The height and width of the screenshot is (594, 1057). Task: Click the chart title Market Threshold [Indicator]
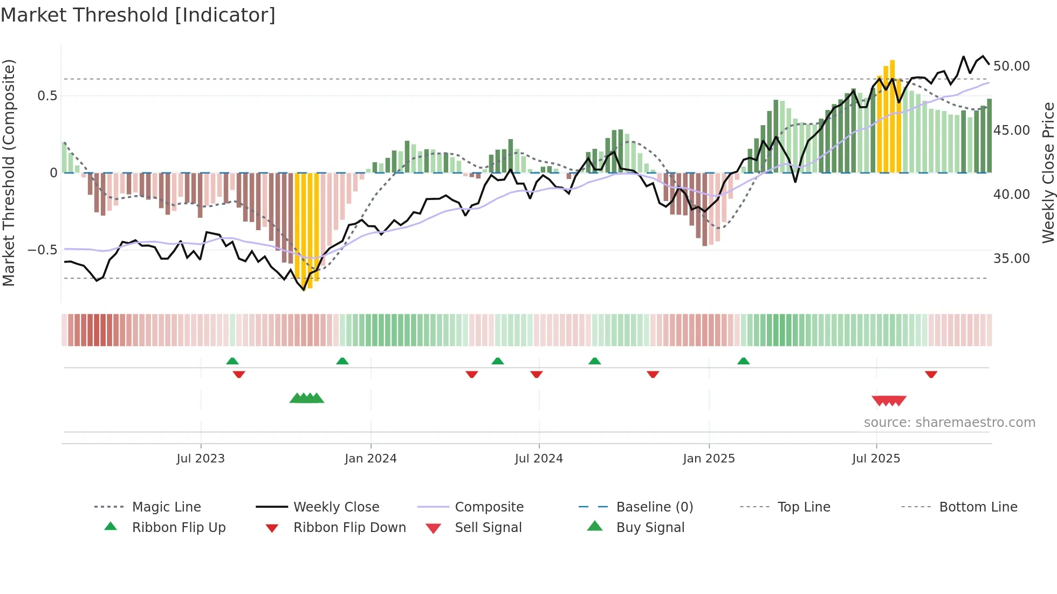[x=138, y=15]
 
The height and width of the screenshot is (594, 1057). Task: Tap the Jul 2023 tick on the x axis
[x=201, y=458]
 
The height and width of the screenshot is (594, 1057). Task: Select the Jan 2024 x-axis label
[x=370, y=458]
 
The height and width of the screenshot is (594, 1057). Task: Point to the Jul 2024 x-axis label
[x=539, y=458]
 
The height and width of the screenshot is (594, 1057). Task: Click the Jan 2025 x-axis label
[x=709, y=458]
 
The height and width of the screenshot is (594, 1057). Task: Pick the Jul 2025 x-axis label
[x=876, y=458]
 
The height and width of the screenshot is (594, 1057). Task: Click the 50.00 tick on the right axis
[x=1011, y=66]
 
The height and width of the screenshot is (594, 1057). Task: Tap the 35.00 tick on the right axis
[x=1011, y=259]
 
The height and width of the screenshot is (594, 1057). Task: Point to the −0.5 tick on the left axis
[x=42, y=250]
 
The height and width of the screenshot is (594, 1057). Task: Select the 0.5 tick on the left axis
[x=47, y=96]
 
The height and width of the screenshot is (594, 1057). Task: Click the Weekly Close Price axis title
[x=1048, y=172]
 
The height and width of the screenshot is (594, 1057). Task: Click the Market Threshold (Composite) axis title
[x=9, y=172]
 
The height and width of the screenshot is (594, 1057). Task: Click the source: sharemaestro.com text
[x=949, y=423]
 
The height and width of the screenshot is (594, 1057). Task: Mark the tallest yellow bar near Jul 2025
[x=892, y=116]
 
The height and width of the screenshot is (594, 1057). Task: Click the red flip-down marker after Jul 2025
[x=931, y=374]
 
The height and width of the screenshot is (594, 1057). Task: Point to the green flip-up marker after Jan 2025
[x=743, y=361]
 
